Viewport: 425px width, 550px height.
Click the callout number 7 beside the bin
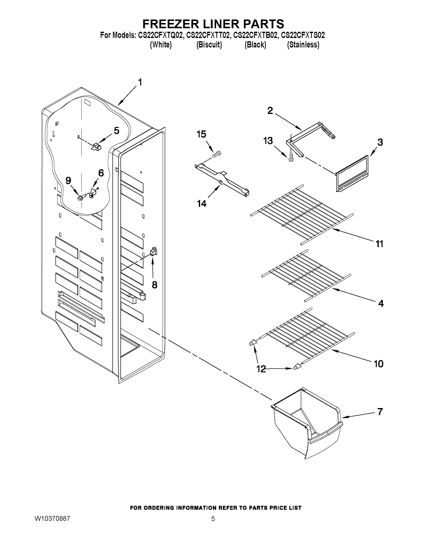[x=380, y=412]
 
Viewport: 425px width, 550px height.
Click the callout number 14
[x=202, y=203]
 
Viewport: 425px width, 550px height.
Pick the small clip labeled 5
[x=95, y=147]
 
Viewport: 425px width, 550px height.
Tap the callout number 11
[x=380, y=244]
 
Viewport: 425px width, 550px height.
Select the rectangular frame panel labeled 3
[x=352, y=174]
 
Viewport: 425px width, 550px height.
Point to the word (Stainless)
[x=303, y=45]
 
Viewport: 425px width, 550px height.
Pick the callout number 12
[x=261, y=369]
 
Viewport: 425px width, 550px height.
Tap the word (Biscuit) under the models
[x=209, y=45]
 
